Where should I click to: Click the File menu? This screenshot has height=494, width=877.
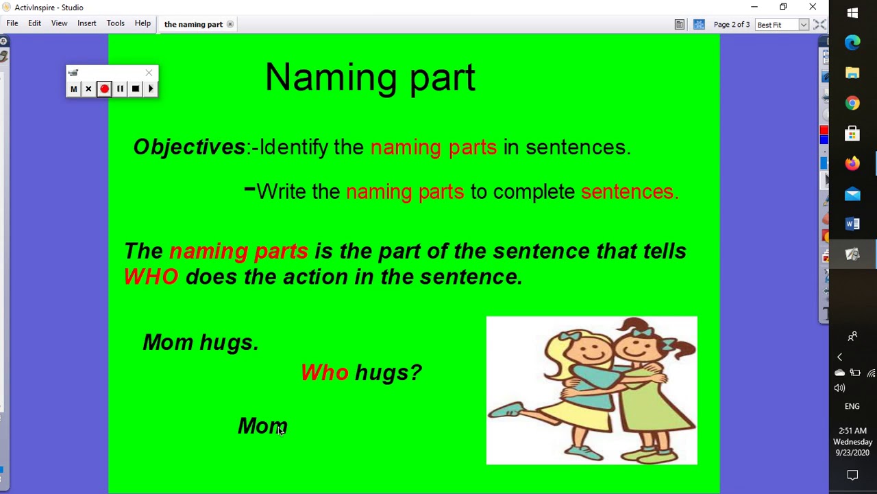[12, 23]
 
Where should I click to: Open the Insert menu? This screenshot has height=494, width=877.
[86, 23]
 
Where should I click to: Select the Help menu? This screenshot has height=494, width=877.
[143, 23]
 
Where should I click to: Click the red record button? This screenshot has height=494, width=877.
[104, 89]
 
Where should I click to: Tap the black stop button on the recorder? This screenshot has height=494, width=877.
[136, 89]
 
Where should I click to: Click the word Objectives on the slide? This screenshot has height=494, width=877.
[189, 147]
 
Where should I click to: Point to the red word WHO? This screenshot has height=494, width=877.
[151, 277]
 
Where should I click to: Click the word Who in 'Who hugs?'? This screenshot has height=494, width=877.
[325, 373]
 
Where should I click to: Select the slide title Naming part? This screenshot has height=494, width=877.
[370, 77]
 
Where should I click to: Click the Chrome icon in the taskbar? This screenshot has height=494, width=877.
[852, 103]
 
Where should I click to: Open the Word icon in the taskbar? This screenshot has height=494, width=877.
[852, 224]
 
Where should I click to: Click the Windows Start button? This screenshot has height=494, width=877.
[852, 13]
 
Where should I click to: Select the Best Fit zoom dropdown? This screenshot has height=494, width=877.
[782, 25]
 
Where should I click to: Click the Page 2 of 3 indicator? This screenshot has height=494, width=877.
[732, 25]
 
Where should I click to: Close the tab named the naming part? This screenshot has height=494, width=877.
[230, 25]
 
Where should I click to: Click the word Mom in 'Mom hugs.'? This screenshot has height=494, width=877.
[168, 342]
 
